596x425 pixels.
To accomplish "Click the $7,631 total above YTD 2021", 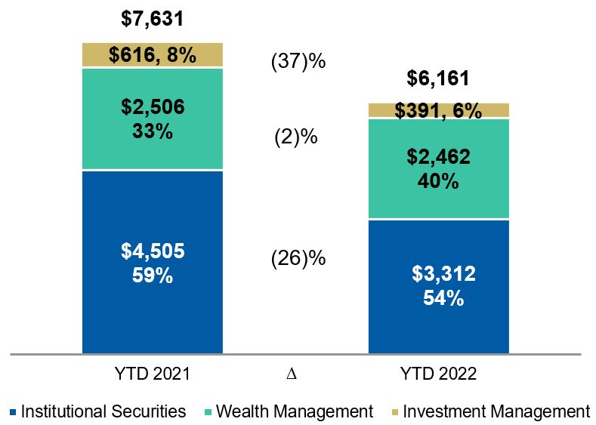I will (152, 18).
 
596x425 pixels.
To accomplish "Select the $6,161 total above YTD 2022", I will (438, 78).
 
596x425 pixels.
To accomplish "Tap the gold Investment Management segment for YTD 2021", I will (152, 55).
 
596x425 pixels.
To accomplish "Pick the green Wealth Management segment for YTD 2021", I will (152, 119).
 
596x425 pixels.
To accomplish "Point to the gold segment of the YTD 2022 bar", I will (438, 111).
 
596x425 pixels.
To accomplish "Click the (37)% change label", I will (298, 62).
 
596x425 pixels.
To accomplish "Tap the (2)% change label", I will (295, 138).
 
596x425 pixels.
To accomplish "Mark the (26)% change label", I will (298, 258).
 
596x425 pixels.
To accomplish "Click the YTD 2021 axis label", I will (152, 374).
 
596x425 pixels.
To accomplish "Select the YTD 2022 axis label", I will (439, 374).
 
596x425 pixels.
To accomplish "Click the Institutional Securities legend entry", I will (99, 411).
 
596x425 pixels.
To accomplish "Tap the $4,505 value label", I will (152, 251).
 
